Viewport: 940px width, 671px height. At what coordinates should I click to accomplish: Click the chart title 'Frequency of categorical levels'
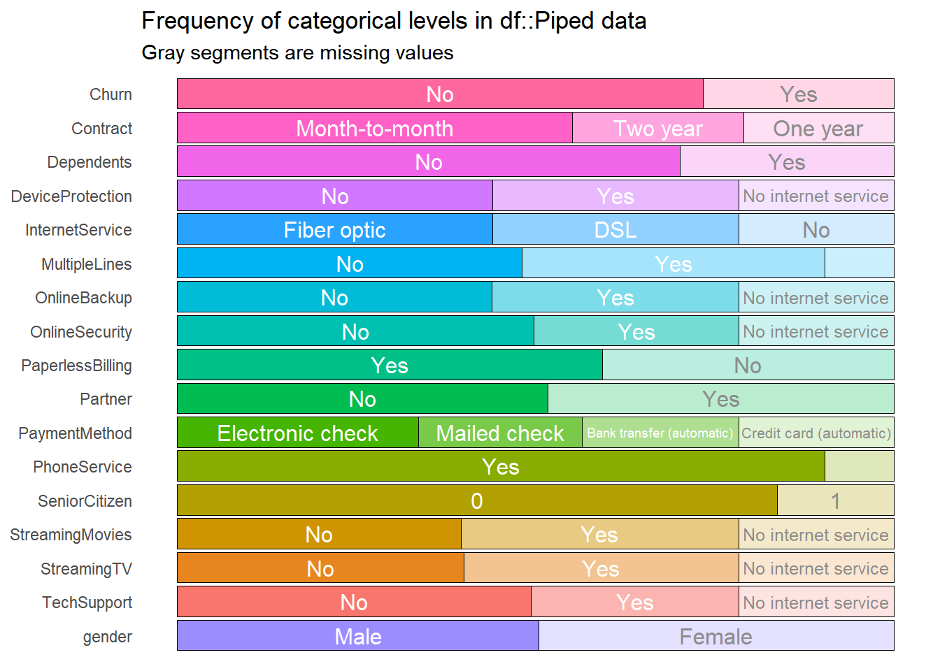pyautogui.click(x=394, y=21)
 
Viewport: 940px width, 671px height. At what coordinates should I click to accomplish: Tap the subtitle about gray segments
pyautogui.click(x=297, y=53)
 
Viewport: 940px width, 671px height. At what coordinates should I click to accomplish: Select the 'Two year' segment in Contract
pyautogui.click(x=657, y=129)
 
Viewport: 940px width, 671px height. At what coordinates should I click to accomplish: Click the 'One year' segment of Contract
pyautogui.click(x=818, y=129)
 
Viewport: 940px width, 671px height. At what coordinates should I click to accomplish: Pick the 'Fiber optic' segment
pyautogui.click(x=334, y=230)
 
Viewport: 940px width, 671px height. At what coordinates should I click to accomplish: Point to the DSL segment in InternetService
pyautogui.click(x=615, y=230)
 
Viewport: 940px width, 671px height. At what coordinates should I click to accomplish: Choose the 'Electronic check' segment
pyautogui.click(x=297, y=433)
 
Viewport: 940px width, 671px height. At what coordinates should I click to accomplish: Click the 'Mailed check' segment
pyautogui.click(x=499, y=433)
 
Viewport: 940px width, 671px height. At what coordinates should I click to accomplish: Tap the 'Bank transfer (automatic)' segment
pyautogui.click(x=660, y=433)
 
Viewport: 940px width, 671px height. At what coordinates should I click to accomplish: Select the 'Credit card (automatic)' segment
pyautogui.click(x=816, y=433)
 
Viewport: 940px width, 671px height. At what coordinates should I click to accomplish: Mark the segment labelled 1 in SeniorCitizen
pyautogui.click(x=835, y=501)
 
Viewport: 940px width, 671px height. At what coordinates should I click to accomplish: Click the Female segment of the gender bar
pyautogui.click(x=715, y=637)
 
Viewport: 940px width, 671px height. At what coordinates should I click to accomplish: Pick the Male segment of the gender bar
pyautogui.click(x=357, y=637)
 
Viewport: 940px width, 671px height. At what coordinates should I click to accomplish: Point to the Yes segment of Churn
pyautogui.click(x=798, y=94)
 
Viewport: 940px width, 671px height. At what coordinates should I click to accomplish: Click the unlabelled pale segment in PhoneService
pyautogui.click(x=859, y=467)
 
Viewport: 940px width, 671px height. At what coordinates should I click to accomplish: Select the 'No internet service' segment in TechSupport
pyautogui.click(x=816, y=603)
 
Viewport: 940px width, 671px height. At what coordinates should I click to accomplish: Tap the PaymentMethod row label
pyautogui.click(x=75, y=433)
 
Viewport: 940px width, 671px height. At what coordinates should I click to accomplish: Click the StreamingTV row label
pyautogui.click(x=86, y=569)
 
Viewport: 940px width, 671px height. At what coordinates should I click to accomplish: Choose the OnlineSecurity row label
pyautogui.click(x=81, y=332)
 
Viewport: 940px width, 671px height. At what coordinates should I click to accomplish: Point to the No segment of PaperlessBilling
pyautogui.click(x=748, y=366)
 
